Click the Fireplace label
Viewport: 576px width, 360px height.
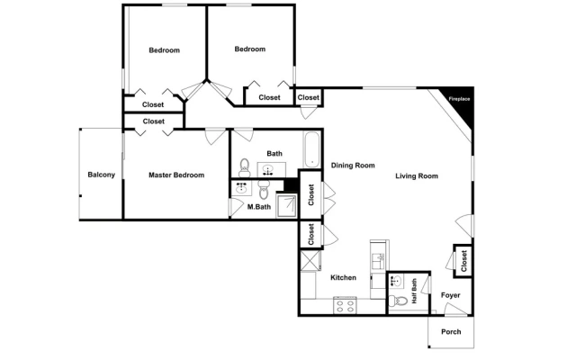(x=459, y=99)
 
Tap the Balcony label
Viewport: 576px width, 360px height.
(x=102, y=175)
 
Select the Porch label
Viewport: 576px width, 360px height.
(x=451, y=332)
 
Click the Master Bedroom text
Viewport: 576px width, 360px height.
(x=176, y=175)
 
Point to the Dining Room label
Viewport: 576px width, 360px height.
(x=353, y=166)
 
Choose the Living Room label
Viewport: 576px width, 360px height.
(x=417, y=176)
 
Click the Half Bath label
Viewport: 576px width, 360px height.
(x=414, y=291)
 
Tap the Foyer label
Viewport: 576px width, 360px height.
(x=450, y=295)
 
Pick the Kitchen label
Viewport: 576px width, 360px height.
(x=343, y=277)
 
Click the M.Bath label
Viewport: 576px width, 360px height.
(x=259, y=207)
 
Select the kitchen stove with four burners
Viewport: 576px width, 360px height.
(x=345, y=306)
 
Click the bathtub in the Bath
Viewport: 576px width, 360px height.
(x=312, y=150)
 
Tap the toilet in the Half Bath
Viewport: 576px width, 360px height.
(x=398, y=301)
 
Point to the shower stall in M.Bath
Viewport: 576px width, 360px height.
(x=286, y=207)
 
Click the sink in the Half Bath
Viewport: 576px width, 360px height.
(x=396, y=282)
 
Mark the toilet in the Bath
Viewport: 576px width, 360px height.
(x=244, y=168)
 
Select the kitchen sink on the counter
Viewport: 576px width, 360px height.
(x=378, y=260)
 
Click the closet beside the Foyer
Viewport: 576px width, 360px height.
(x=463, y=261)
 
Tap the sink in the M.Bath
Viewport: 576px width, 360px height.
(x=241, y=188)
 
